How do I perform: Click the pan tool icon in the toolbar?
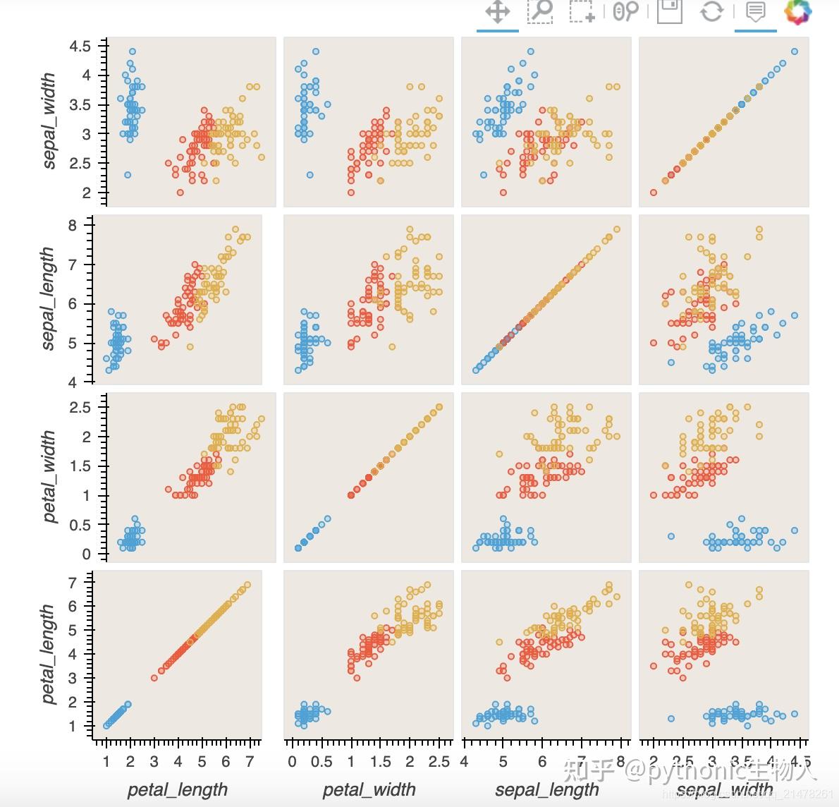point(498,12)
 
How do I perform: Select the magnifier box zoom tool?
point(541,11)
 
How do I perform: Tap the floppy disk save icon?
point(669,11)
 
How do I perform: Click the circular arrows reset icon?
point(712,11)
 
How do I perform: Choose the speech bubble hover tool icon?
point(755,11)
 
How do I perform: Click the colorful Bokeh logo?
point(798,11)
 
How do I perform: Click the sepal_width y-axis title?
point(49,121)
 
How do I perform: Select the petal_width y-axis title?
point(49,476)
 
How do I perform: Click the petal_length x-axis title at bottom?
point(177,789)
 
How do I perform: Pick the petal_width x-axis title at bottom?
point(369,789)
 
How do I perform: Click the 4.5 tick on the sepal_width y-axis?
point(80,47)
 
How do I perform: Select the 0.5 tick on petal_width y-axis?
point(80,525)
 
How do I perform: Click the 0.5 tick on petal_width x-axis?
point(321,762)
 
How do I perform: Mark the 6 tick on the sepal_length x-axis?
point(541,762)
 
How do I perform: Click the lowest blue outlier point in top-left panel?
point(128,175)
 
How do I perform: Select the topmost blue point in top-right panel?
point(795,51)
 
